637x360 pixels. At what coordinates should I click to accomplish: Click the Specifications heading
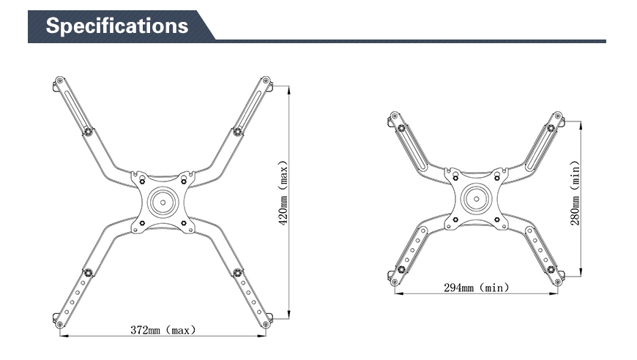click(117, 26)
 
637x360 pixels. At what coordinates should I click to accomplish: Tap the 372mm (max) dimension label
click(163, 330)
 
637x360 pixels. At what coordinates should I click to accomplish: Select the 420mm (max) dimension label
click(283, 192)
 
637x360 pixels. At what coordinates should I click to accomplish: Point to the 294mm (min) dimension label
click(476, 288)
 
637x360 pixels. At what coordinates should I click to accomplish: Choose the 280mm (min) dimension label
click(575, 192)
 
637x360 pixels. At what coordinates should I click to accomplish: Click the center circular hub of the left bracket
click(163, 202)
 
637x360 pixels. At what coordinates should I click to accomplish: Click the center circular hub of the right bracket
click(476, 199)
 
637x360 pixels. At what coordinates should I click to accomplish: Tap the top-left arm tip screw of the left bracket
click(60, 80)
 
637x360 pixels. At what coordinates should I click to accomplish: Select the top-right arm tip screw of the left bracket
click(266, 80)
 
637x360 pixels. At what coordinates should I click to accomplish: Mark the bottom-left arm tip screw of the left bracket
click(60, 324)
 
